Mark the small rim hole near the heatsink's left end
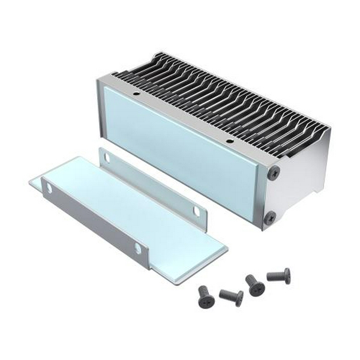136,94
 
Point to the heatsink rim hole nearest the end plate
229,142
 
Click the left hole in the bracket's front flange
49,188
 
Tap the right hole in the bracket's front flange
138,247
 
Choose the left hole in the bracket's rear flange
107,158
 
